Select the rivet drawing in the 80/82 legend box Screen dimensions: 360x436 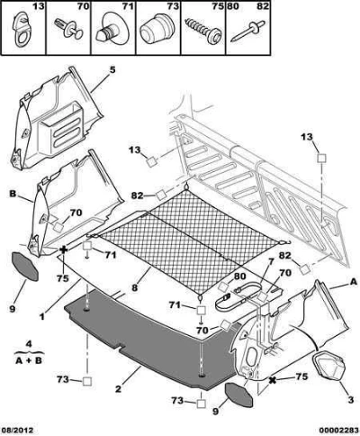click(248, 32)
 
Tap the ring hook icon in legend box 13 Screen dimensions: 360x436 click(21, 29)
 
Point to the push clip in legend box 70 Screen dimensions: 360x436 click(68, 29)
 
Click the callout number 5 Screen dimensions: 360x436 click(112, 70)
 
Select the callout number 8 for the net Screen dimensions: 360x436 click(134, 287)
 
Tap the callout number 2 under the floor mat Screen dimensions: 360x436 click(118, 389)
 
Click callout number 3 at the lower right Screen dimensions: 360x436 click(351, 401)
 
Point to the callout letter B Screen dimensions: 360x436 click(13, 194)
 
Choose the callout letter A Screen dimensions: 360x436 click(354, 282)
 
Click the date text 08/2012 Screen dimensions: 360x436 click(16, 431)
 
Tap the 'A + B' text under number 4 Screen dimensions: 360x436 click(29, 360)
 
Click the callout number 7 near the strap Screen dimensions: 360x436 click(271, 262)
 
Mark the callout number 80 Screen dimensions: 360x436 click(240, 277)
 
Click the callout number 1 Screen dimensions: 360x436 click(42, 316)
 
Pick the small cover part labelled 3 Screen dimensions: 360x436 click(329, 365)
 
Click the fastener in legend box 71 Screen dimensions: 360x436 click(113, 29)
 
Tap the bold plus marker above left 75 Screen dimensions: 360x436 click(64, 250)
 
